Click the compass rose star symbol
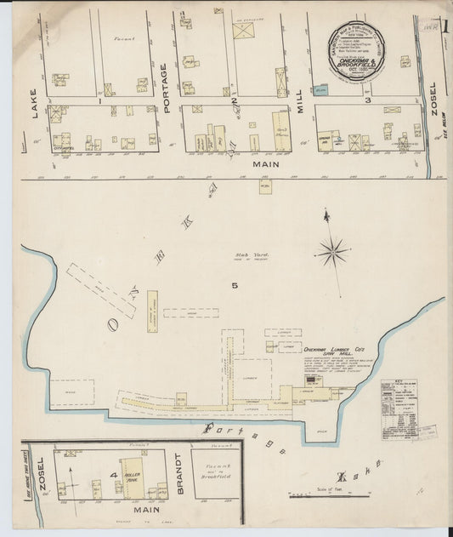tap(332, 251)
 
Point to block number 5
tap(233, 286)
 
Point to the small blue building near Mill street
tap(320, 88)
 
